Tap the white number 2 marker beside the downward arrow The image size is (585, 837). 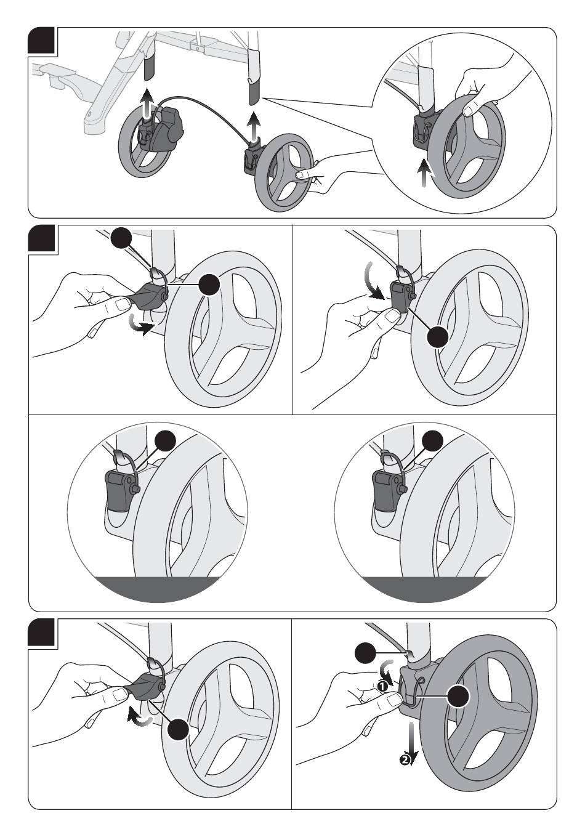404,759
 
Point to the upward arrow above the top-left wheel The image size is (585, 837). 145,102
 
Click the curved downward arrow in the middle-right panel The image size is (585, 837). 369,280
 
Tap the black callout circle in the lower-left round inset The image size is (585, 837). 166,441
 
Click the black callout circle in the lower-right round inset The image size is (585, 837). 433,441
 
